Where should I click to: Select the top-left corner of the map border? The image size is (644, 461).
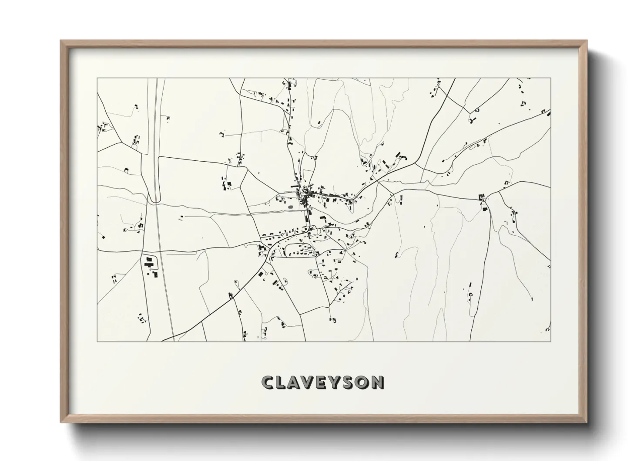click(97, 78)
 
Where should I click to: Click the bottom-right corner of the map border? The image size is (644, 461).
click(551, 341)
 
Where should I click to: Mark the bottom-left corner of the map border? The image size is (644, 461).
click(97, 341)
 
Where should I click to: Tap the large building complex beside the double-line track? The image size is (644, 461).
click(149, 264)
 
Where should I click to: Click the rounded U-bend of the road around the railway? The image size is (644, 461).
click(153, 200)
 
